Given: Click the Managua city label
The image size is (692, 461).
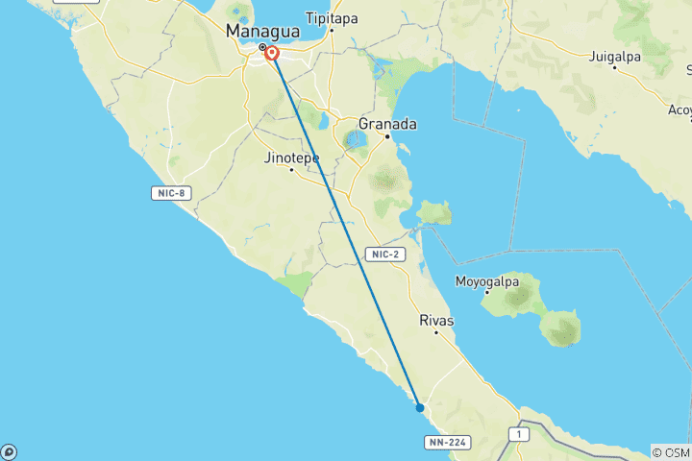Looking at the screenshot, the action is pyautogui.click(x=262, y=31).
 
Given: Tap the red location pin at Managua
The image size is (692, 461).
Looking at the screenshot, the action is pyautogui.click(x=272, y=54).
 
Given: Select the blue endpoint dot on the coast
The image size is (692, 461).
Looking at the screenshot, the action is pyautogui.click(x=420, y=408).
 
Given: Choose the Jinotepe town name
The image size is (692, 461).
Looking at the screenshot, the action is pyautogui.click(x=291, y=158).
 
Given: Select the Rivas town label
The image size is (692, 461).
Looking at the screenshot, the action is pyautogui.click(x=436, y=320).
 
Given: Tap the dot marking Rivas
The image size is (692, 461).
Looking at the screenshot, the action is pyautogui.click(x=436, y=332).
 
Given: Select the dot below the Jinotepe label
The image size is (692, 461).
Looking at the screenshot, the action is pyautogui.click(x=291, y=169).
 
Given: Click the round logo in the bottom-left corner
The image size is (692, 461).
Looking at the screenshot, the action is pyautogui.click(x=9, y=451).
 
